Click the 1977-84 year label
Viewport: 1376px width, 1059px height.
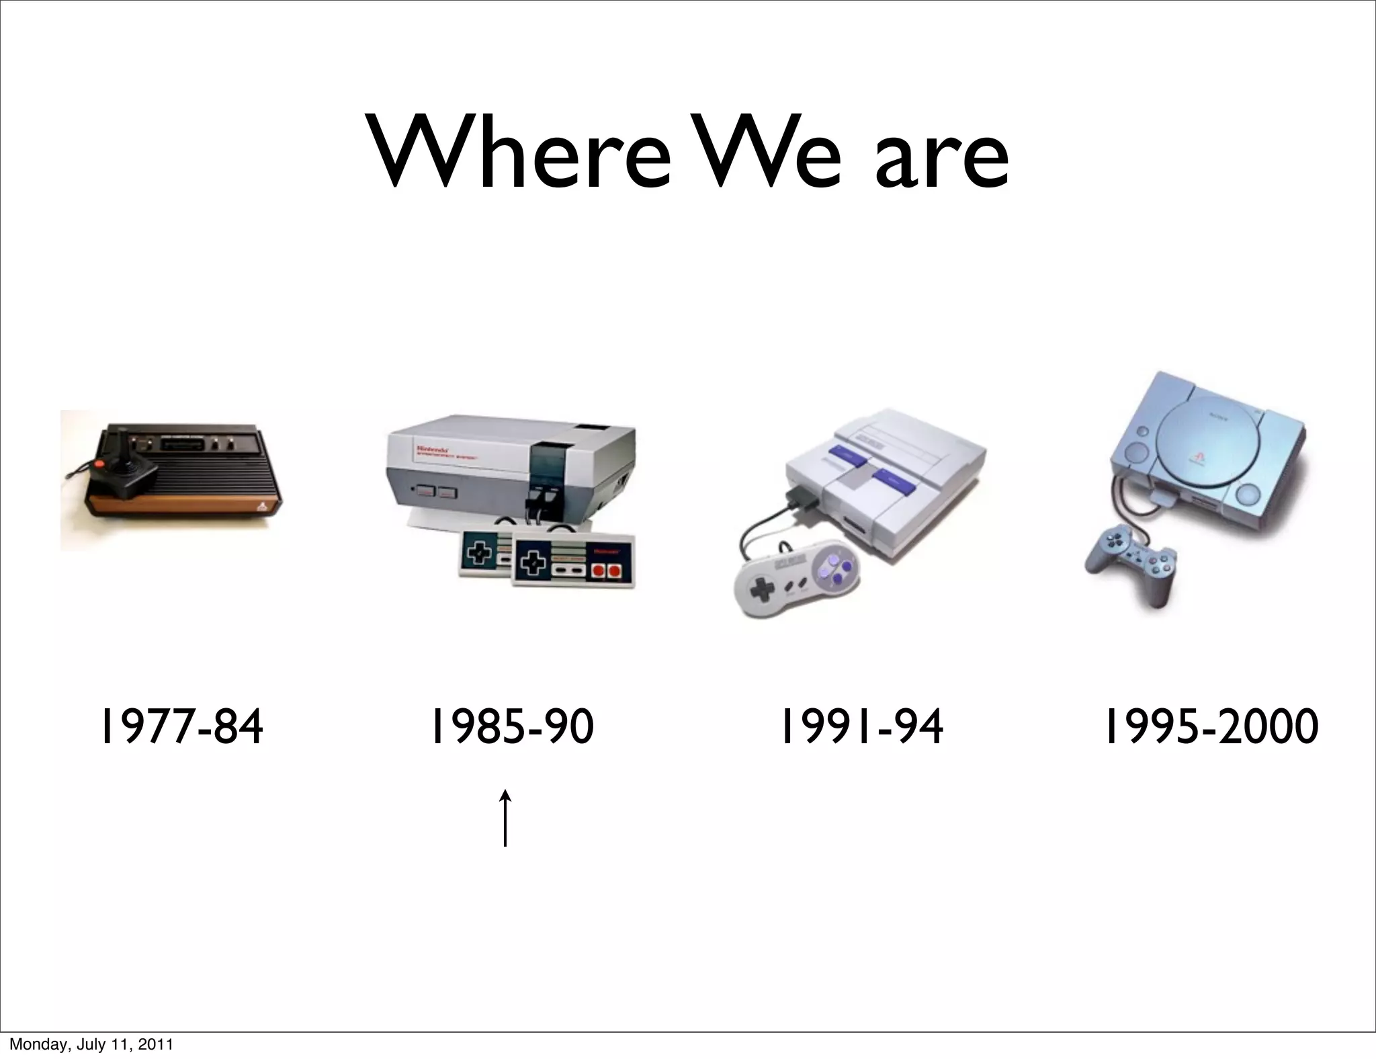(181, 727)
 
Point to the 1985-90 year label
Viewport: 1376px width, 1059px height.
(512, 727)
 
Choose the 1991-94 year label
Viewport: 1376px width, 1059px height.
(861, 727)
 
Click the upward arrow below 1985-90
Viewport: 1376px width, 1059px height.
(505, 818)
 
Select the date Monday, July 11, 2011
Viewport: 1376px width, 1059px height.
(91, 1044)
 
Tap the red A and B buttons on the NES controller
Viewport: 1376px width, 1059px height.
(605, 571)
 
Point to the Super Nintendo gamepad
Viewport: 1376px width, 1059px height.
(798, 578)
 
